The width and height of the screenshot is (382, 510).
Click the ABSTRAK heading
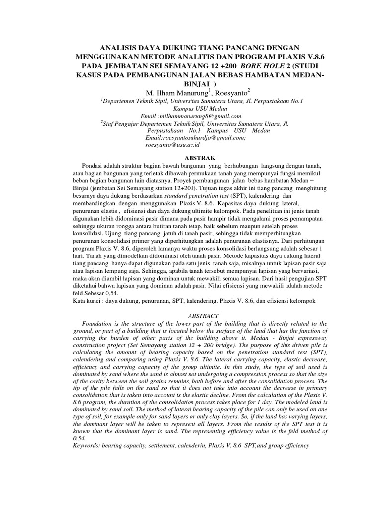coord(191,157)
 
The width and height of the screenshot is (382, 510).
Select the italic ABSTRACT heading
coord(191,315)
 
